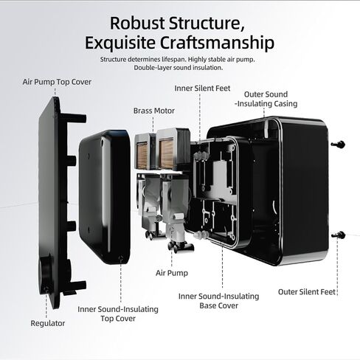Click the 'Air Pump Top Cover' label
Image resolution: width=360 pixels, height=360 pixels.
[x=57, y=82]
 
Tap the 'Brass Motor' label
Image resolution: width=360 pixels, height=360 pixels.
[x=154, y=111]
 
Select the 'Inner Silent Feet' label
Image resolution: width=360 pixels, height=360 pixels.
[x=202, y=89]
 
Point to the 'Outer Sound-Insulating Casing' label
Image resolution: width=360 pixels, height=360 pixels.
[x=266, y=99]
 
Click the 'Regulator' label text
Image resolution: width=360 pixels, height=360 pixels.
[x=48, y=323]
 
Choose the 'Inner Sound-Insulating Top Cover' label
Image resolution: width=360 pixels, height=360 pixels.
[x=118, y=314]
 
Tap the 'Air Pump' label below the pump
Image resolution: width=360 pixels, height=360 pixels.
[x=172, y=273]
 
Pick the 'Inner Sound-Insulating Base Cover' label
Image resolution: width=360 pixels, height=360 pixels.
[x=219, y=301]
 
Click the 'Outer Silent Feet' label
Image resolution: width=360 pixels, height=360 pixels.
[x=307, y=292]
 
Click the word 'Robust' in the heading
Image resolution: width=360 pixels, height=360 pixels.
[x=137, y=24]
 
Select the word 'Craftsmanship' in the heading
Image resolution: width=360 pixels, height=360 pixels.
[x=218, y=43]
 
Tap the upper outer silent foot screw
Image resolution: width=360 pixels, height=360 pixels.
[x=338, y=145]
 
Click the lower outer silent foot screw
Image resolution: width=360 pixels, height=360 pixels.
[x=339, y=235]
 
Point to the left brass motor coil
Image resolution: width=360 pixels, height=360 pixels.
[x=142, y=155]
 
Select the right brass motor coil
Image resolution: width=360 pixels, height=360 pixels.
[x=167, y=154]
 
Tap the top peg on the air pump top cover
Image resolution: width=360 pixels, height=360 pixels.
[x=74, y=118]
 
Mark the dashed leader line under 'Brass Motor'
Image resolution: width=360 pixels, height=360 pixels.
[x=153, y=125]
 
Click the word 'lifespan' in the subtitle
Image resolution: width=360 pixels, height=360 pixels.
[x=173, y=60]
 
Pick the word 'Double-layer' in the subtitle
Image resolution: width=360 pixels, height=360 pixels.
[x=153, y=68]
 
